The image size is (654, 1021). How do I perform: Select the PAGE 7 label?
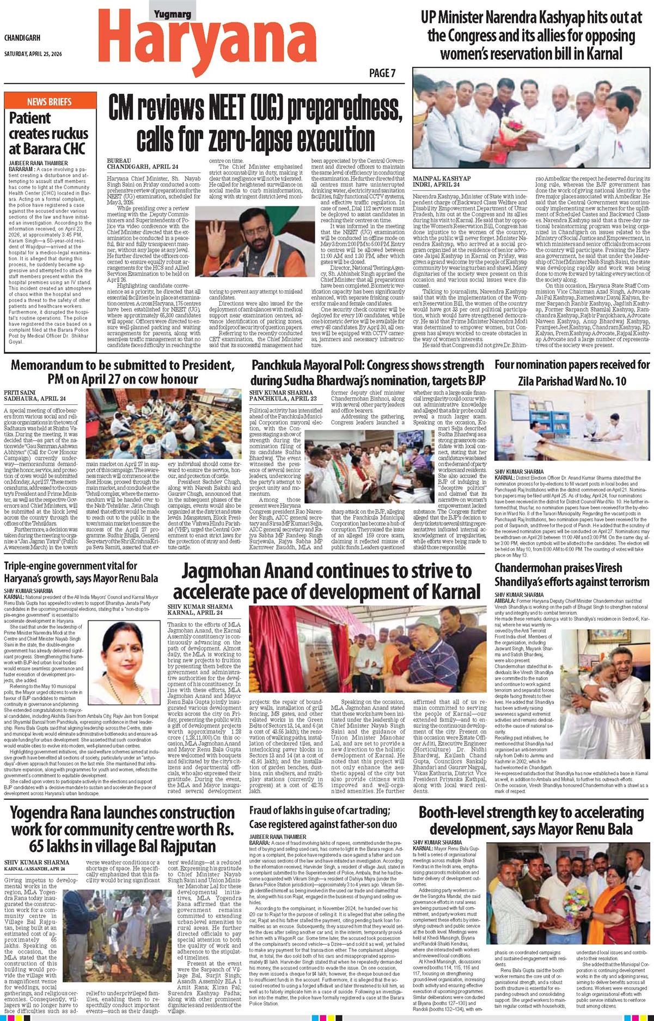click(x=382, y=73)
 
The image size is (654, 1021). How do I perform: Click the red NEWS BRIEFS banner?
click(x=50, y=101)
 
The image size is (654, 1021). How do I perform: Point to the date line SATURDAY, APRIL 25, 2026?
click(x=37, y=54)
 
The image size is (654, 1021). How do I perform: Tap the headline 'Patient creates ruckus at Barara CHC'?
click(x=48, y=133)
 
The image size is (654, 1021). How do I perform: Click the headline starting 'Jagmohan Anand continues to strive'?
click(x=327, y=581)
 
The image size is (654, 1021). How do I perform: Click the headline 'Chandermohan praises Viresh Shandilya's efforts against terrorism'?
click(x=572, y=574)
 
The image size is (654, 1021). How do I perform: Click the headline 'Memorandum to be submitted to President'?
click(x=123, y=372)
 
